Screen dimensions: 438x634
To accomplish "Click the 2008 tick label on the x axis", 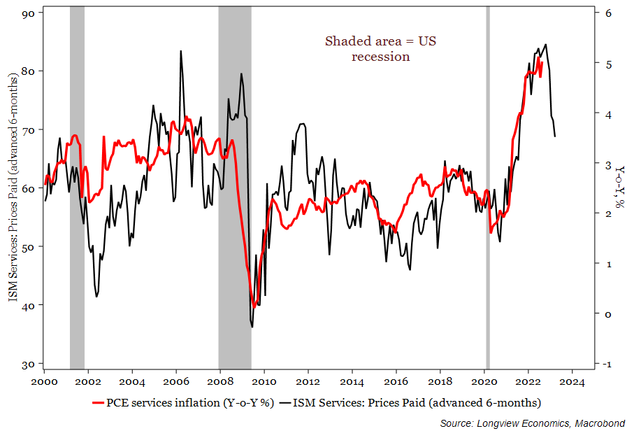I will [x=220, y=381].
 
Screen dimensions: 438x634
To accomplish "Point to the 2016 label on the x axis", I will [x=396, y=381].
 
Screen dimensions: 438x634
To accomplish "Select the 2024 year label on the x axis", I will [x=572, y=381].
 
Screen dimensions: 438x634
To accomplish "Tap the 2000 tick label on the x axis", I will [x=45, y=381].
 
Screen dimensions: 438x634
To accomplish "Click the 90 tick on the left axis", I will [x=29, y=12].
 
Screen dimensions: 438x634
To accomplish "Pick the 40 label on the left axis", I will [x=29, y=306].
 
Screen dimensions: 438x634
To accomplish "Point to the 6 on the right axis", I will [x=609, y=13].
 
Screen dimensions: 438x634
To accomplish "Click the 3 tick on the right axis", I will [x=609, y=164].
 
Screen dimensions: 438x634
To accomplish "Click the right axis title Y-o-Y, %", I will [x=620, y=189].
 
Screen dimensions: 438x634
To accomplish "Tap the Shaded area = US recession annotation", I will [x=380, y=48].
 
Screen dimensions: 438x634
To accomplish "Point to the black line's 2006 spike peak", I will [x=181, y=51].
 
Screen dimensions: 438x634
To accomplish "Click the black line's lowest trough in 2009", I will [x=252, y=327].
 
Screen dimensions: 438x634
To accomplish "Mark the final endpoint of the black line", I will [x=555, y=136].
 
